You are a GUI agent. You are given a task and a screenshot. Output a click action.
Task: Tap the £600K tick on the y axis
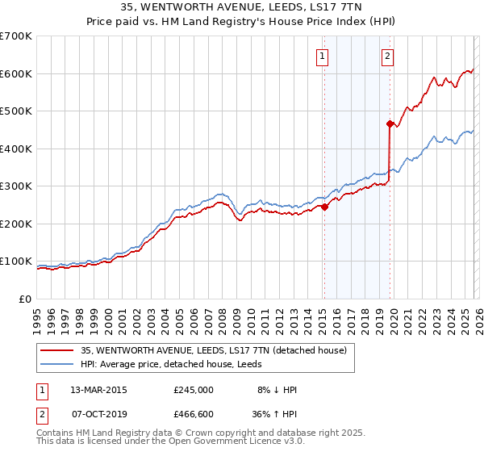16,73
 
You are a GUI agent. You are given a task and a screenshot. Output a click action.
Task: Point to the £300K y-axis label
16,186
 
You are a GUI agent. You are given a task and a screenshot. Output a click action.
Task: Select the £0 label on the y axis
24,299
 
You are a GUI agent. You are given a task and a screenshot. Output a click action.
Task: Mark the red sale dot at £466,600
390,123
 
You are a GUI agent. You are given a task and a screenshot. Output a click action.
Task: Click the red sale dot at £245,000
324,207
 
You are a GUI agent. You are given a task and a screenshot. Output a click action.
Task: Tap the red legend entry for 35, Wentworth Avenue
214,350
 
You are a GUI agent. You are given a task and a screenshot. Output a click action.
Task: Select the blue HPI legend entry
194,365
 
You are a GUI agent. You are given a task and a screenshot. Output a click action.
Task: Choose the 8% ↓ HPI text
275,389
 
